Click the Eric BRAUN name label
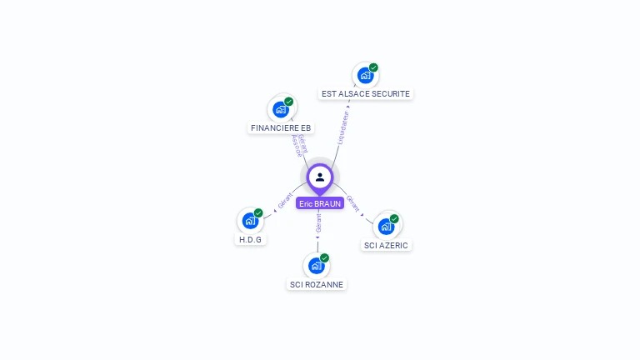point(320,203)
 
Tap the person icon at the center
point(320,177)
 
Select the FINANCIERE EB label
point(281,128)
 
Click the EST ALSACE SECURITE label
point(366,94)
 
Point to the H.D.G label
point(250,240)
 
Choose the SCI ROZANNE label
point(316,285)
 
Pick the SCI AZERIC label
point(386,246)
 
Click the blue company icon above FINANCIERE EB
point(281,109)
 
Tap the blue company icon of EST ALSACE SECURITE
point(365,75)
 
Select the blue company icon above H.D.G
point(249,221)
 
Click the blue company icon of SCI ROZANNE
point(316,266)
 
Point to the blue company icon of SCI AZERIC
point(385,226)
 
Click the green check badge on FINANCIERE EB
point(289,102)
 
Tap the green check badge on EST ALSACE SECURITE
point(373,67)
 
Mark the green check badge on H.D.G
point(258,213)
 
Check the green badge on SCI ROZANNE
point(324,258)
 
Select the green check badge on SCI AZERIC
point(394,219)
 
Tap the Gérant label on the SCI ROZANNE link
point(318,222)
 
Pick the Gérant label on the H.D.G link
point(285,201)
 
